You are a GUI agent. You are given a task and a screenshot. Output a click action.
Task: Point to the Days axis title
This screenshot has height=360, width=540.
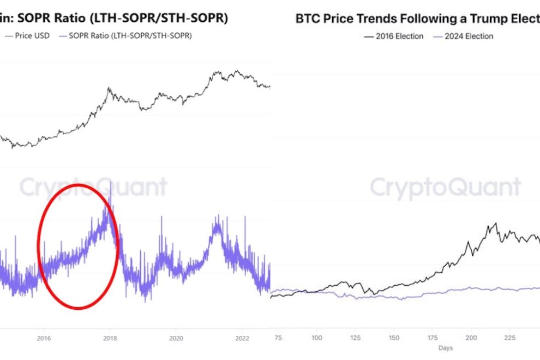(x=445, y=347)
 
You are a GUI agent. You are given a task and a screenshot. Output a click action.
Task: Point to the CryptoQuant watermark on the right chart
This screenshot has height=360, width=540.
(x=446, y=188)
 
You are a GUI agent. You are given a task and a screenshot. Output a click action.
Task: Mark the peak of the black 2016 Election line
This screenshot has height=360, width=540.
(x=496, y=223)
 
